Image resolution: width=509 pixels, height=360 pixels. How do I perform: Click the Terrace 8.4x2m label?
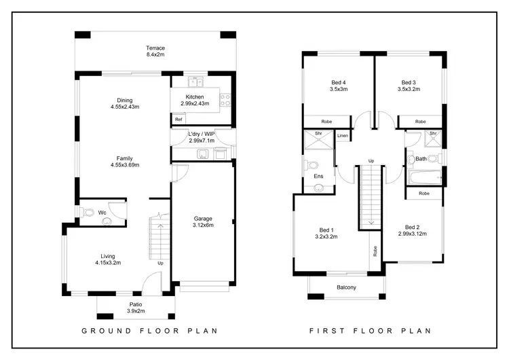(155, 52)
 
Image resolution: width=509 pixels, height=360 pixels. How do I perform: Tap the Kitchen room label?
(195, 101)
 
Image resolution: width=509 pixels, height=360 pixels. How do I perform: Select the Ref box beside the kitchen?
(178, 120)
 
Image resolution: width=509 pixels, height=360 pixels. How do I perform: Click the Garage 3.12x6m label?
(203, 222)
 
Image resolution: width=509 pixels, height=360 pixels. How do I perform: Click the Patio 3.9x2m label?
(136, 308)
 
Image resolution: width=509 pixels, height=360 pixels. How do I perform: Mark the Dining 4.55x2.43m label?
(124, 103)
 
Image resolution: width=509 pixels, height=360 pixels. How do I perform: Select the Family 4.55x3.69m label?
(124, 162)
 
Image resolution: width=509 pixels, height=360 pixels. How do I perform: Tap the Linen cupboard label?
(343, 136)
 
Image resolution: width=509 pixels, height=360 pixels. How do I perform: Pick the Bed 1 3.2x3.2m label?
(326, 233)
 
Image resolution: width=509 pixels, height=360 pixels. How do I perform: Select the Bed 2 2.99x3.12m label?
(412, 230)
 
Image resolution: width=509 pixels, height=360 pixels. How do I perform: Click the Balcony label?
(346, 287)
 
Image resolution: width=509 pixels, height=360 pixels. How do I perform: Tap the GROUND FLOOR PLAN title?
(149, 331)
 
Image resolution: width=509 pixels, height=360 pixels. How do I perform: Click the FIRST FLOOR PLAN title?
(371, 331)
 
